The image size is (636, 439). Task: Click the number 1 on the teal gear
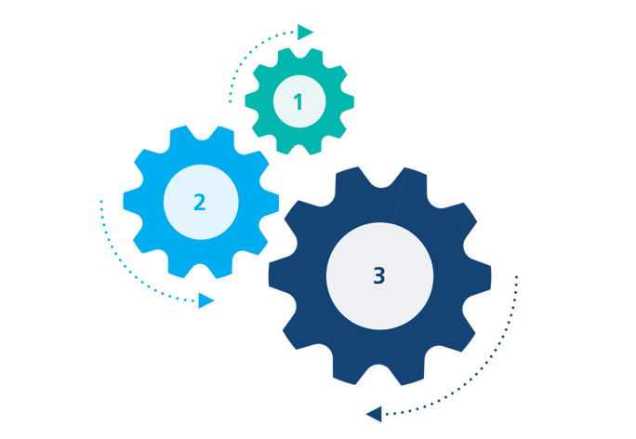[298, 102]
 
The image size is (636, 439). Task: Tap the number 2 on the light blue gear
[199, 202]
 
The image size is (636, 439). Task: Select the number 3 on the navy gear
[378, 275]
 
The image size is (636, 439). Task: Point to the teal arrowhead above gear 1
[305, 32]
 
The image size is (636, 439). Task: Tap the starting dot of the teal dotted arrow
[230, 100]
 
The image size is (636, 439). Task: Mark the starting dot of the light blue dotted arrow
[100, 201]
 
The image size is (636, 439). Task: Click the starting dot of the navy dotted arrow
[517, 277]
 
